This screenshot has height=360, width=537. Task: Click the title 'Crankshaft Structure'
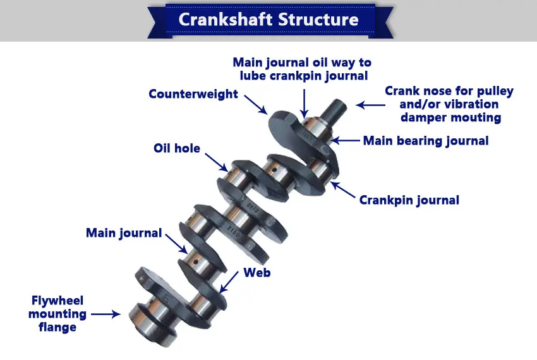[268, 19]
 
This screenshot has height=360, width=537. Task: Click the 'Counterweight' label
[193, 94]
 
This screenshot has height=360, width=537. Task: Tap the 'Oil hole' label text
[177, 148]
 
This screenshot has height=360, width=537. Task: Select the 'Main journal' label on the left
[124, 233]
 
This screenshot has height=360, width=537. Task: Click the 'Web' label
[257, 272]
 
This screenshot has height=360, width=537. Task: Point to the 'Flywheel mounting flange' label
[57, 313]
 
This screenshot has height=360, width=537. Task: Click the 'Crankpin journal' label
[409, 200]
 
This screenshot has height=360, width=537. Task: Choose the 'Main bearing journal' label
[426, 140]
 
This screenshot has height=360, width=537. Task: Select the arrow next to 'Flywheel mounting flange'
[106, 313]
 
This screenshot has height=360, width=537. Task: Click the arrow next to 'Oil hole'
[216, 161]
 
